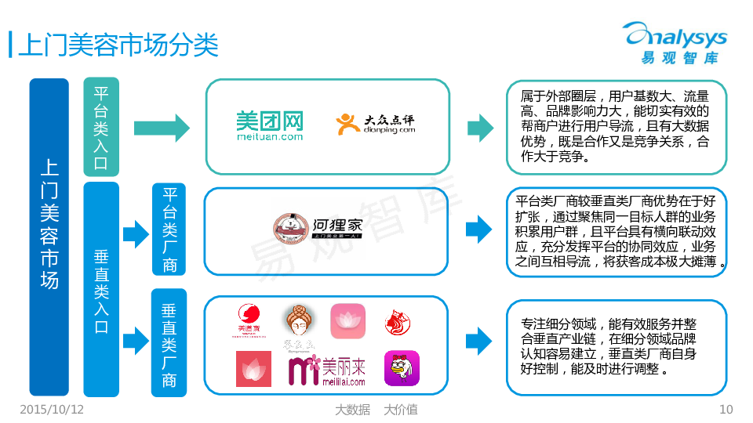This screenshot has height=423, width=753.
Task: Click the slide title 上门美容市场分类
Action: pos(118,44)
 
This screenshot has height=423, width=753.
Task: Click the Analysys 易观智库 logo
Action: pos(674,42)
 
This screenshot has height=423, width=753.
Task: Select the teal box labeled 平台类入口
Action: pos(101,126)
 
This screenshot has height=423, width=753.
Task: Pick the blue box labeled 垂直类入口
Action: pos(101,290)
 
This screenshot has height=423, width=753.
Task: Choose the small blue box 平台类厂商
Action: pos(169,228)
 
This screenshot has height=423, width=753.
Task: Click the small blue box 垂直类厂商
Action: pos(169,345)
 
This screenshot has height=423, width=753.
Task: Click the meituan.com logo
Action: pos(270,125)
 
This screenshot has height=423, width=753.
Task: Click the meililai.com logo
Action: pos(327,371)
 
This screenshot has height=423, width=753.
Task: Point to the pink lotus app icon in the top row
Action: pos(347,321)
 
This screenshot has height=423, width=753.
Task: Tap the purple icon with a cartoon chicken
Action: pos(402,368)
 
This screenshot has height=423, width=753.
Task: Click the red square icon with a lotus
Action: pos(253,369)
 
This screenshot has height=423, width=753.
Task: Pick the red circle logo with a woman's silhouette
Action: pos(249,320)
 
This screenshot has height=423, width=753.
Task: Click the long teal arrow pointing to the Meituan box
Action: pos(162,126)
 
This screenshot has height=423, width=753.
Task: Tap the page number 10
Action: pos(726,410)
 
